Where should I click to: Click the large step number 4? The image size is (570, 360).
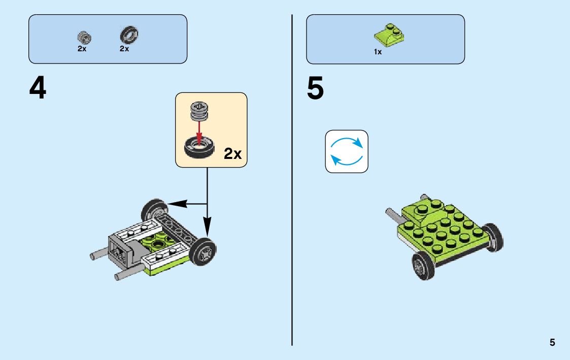point(38,88)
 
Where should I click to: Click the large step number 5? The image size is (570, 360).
point(315,88)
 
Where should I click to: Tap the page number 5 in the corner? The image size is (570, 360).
point(552,343)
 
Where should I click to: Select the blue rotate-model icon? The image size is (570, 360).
point(347,151)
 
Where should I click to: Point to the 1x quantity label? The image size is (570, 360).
point(378,52)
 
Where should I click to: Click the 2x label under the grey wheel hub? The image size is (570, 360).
point(82,49)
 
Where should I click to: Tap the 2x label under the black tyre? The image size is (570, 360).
point(124,49)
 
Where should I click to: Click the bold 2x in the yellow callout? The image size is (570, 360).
point(232,154)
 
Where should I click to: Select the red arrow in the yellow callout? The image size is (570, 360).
point(199,134)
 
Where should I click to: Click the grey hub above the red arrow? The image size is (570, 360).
point(199,112)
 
